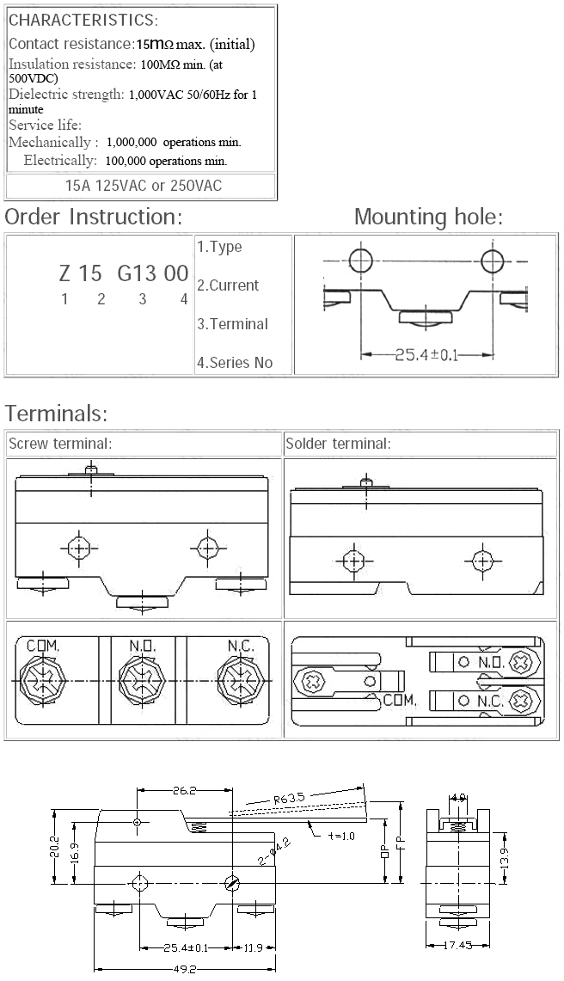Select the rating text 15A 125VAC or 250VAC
pyautogui.click(x=144, y=186)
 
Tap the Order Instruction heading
pyautogui.click(x=93, y=217)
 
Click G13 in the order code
pyautogui.click(x=137, y=273)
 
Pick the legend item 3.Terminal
pyautogui.click(x=232, y=324)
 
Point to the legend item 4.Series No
pyautogui.click(x=235, y=363)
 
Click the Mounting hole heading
pyautogui.click(x=428, y=217)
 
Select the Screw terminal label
pyautogui.click(x=60, y=444)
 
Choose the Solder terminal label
pyautogui.click(x=338, y=444)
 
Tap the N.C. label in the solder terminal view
pyautogui.click(x=490, y=701)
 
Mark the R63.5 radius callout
pyautogui.click(x=290, y=798)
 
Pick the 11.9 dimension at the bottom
pyautogui.click(x=253, y=948)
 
